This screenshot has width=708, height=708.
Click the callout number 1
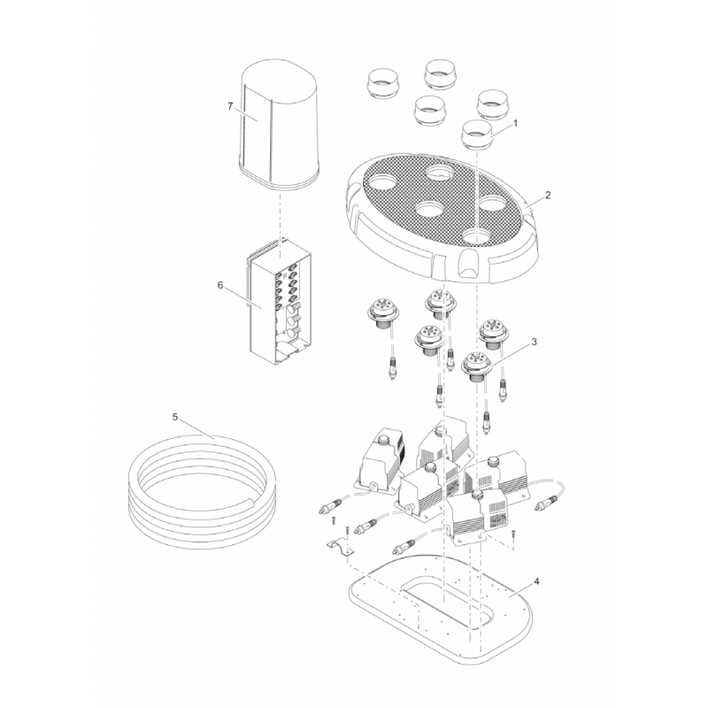pos(516,123)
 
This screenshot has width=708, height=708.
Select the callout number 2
pos(548,195)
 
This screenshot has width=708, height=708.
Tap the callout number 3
pos(535,342)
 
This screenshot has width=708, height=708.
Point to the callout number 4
pos(536,581)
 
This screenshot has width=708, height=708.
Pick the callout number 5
pos(175,417)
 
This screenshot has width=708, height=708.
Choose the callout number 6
pos(220,285)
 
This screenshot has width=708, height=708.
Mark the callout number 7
pos(230,106)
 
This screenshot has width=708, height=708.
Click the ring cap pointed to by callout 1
pos(477,135)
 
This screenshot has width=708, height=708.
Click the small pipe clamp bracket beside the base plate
pos(340,547)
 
